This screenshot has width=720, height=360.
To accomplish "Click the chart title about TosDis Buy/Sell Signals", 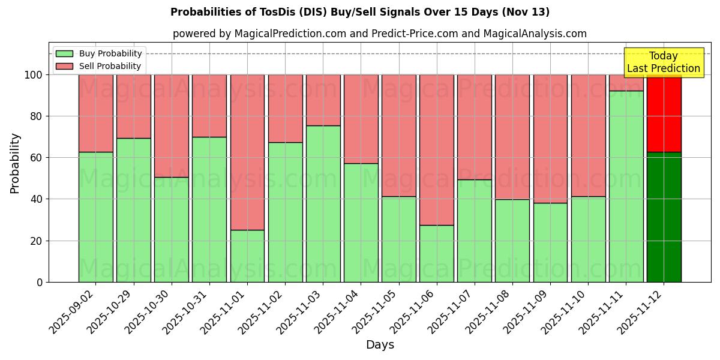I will coord(359,12).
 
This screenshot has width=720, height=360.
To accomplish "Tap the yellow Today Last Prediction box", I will coord(663,62).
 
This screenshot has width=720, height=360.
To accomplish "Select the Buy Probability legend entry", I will coord(98,53).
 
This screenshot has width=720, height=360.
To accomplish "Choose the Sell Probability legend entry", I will coord(98,66).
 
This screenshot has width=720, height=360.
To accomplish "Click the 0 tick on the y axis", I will coord(40,282).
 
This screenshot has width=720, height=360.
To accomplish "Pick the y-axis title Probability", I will coord(15,163).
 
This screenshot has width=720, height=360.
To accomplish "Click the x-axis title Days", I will coord(380,345).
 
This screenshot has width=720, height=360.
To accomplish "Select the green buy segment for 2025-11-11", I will coord(626,186).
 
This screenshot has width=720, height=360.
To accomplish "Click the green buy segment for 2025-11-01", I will coord(247,256).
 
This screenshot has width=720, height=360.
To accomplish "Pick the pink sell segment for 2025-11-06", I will coord(437,150).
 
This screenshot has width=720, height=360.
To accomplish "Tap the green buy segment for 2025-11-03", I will coord(323,204).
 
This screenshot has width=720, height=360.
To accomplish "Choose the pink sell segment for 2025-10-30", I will coord(172,126).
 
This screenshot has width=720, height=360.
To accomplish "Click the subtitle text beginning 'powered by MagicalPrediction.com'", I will coord(380,34).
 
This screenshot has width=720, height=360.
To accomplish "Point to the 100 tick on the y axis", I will coord(34,75).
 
